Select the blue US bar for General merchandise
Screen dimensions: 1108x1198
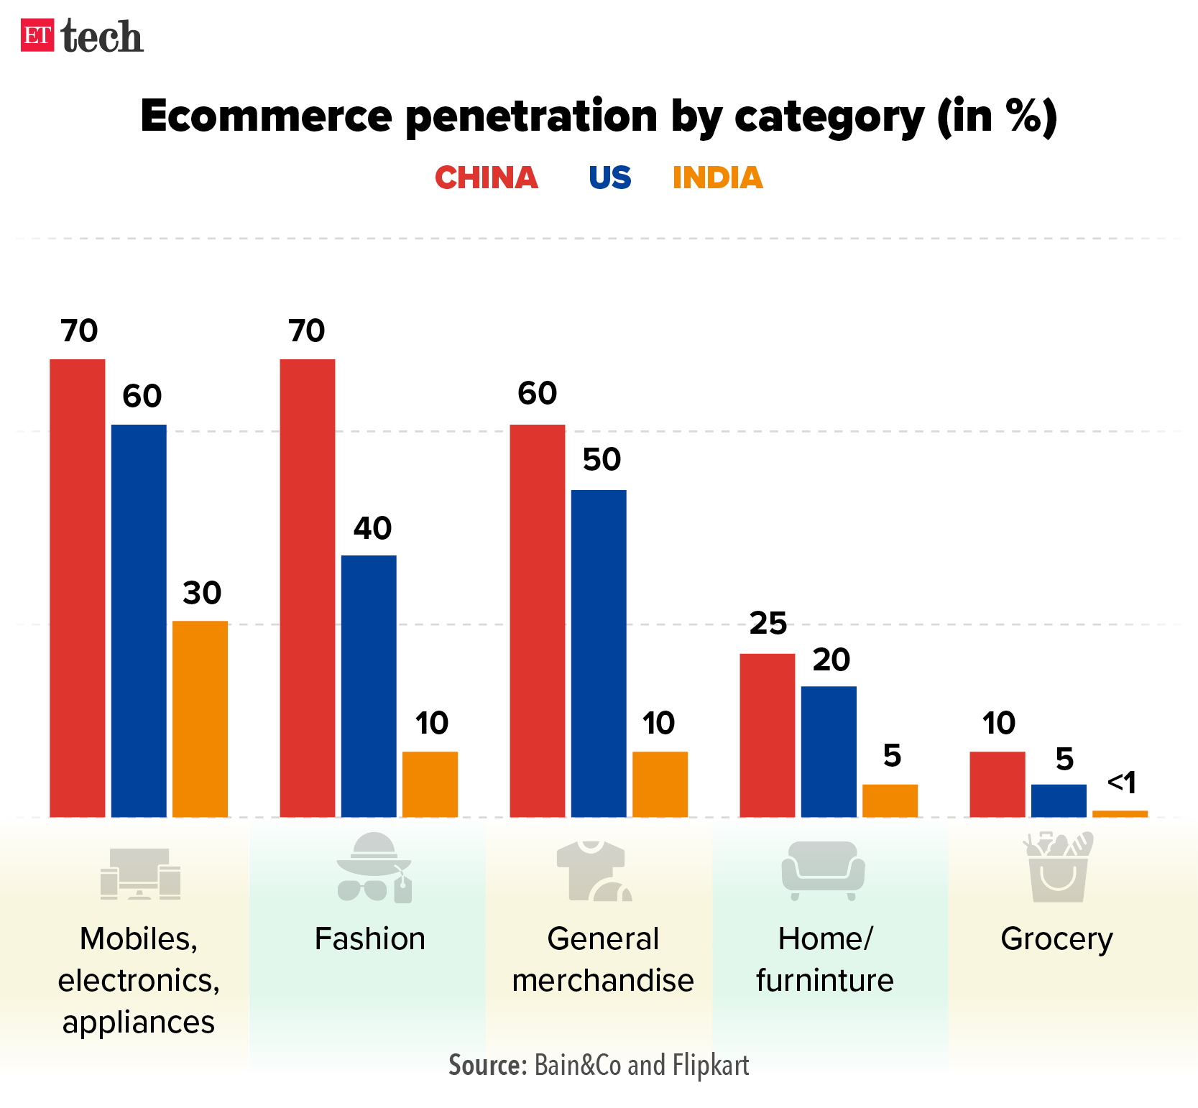pos(599,653)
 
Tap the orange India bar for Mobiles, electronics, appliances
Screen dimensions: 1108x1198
pos(201,719)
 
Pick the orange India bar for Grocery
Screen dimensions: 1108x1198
pos(1120,813)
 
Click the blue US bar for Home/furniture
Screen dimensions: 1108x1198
pos(829,752)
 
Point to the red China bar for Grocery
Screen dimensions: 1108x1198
pos(997,784)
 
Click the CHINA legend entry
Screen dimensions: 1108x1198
pos(487,178)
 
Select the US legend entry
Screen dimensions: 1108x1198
pos(609,178)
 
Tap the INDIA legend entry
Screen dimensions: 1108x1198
pos(717,178)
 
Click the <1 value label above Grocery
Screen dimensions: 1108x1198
pos(1121,782)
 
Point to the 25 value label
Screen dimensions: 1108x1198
pos(768,624)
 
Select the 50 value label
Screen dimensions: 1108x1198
pos(602,460)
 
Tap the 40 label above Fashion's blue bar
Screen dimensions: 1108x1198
pos(372,529)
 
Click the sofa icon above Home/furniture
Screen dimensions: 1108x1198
pos(823,870)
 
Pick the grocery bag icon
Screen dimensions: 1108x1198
pos(1058,867)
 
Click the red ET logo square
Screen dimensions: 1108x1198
pos(37,35)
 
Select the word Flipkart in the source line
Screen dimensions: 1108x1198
pos(711,1065)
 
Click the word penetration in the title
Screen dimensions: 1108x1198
pos(532,116)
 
